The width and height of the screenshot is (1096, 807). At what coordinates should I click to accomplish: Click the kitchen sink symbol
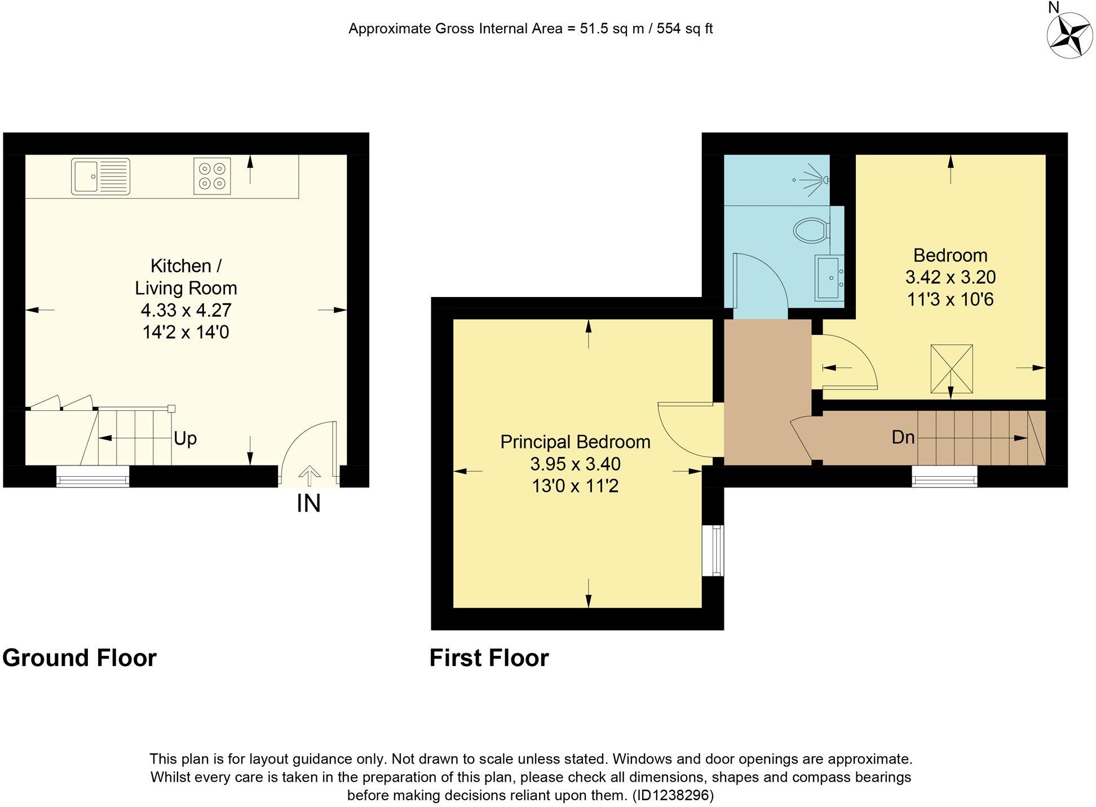pos(100,176)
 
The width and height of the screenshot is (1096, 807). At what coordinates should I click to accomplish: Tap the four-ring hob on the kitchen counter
pos(212,176)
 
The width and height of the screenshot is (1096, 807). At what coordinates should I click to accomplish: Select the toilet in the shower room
pos(811,230)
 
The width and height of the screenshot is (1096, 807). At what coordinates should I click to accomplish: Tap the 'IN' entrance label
pos(308,504)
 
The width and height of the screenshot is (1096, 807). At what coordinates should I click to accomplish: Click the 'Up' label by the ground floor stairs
pos(185,438)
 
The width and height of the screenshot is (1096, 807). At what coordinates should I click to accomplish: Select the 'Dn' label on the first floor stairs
pos(903,437)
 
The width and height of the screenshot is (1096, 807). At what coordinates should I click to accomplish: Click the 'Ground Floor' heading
pos(79,658)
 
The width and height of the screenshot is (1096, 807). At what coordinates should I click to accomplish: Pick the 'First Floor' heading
pos(489,658)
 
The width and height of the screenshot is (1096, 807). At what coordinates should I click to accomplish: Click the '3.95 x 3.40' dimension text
pos(575,464)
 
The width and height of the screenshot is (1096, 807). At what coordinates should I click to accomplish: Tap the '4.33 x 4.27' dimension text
pos(185,310)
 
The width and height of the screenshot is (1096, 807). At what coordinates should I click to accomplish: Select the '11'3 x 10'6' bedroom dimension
pos(950,299)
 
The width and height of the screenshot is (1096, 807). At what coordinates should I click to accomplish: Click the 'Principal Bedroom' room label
pos(575,442)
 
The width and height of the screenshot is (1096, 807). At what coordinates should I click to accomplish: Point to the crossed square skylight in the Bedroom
pos(951,369)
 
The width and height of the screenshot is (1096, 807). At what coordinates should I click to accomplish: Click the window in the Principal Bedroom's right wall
pos(716,551)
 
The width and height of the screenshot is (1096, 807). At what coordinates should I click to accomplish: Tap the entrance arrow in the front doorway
pos(308,475)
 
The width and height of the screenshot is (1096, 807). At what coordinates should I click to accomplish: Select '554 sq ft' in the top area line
pos(684,29)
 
